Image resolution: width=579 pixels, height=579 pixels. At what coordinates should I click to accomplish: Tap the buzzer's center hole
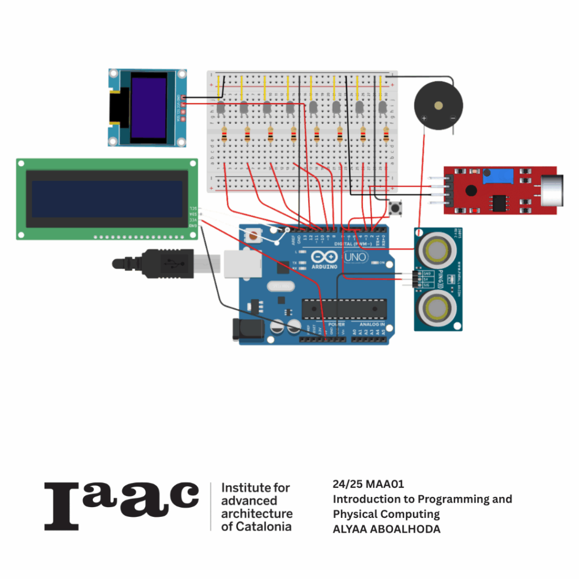[x=438, y=105]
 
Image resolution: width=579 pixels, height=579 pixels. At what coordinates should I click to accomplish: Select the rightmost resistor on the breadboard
[x=386, y=135]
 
